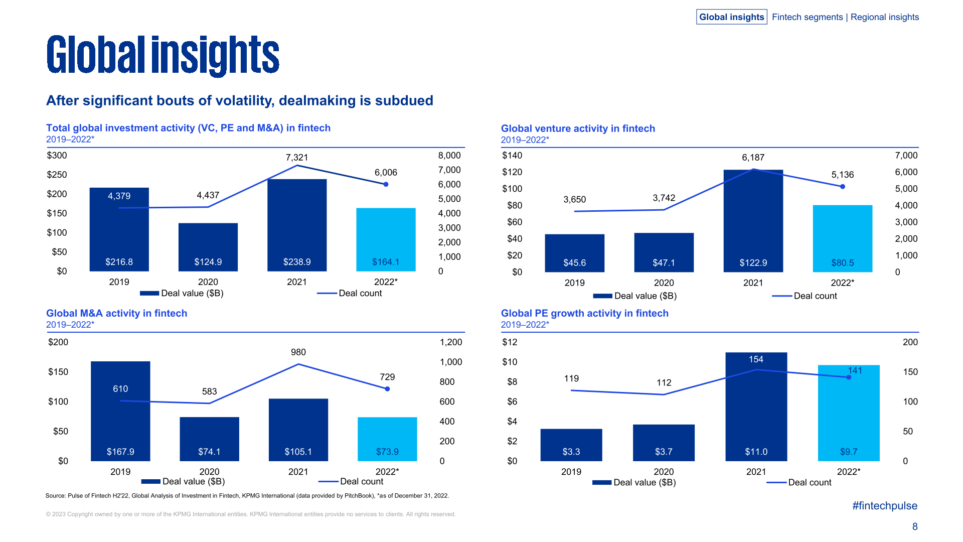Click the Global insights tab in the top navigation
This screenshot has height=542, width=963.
point(731,17)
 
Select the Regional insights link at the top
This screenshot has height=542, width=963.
point(884,17)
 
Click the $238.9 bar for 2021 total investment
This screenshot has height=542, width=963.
point(297,225)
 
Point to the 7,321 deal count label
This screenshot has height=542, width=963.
point(297,158)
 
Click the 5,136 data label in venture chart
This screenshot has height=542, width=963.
point(842,175)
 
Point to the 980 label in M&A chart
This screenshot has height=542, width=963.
point(298,352)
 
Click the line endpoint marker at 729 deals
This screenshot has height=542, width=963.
point(387,389)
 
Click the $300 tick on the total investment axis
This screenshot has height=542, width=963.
point(57,156)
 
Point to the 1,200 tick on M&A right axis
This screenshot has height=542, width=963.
point(450,342)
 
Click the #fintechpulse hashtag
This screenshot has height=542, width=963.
point(885,506)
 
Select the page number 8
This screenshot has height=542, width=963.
point(915,526)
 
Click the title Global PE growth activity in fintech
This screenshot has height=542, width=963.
point(584,313)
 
